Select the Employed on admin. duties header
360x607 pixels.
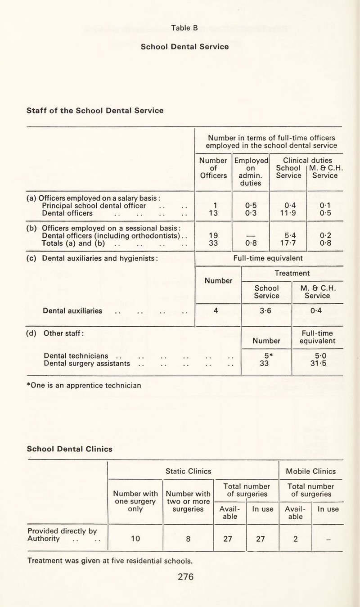click(x=251, y=171)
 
